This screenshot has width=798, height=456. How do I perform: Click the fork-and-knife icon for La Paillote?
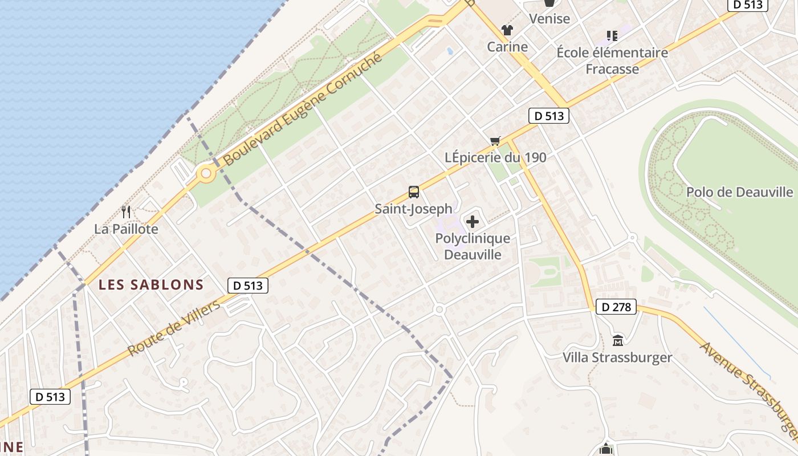click(x=126, y=212)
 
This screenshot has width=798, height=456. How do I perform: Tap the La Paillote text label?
click(x=126, y=229)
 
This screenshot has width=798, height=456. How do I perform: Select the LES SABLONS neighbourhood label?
click(x=151, y=284)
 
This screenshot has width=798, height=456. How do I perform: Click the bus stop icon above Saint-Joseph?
click(x=414, y=192)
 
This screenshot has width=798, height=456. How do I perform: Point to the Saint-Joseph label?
click(x=413, y=209)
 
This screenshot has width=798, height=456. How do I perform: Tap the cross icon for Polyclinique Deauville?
click(x=473, y=222)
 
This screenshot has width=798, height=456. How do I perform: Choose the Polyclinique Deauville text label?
click(x=473, y=246)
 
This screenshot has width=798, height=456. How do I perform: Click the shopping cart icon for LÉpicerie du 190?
click(x=495, y=141)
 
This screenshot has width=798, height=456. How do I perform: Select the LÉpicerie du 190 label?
click(x=495, y=157)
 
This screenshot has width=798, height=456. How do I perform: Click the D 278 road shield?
click(x=616, y=307)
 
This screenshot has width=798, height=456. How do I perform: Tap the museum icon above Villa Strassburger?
click(x=617, y=340)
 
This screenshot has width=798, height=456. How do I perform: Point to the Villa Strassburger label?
click(x=617, y=357)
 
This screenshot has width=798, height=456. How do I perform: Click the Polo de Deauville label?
click(x=739, y=192)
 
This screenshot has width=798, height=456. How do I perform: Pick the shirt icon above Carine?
click(x=507, y=30)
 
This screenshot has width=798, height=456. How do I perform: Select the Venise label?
click(x=549, y=19)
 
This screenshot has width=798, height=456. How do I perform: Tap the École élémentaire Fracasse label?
click(x=612, y=60)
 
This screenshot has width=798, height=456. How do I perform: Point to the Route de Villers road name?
click(x=174, y=328)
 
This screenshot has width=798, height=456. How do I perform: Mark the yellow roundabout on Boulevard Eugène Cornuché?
click(x=206, y=173)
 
